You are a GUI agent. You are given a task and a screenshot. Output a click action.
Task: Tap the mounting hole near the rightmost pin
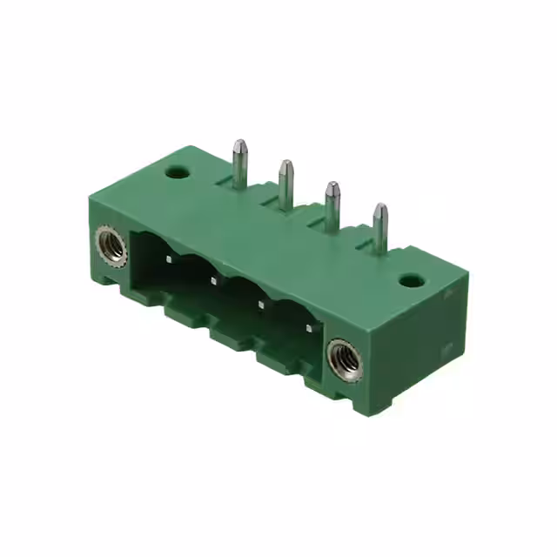click(413, 282)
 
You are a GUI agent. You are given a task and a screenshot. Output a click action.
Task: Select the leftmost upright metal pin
click(238, 160)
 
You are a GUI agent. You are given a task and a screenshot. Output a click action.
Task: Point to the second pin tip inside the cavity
click(212, 280)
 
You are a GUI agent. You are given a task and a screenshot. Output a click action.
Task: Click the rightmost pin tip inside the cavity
click(307, 327)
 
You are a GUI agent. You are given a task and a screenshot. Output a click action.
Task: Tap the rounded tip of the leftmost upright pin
click(238, 143)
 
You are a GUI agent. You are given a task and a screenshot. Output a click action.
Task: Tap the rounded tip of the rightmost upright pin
click(379, 209)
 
